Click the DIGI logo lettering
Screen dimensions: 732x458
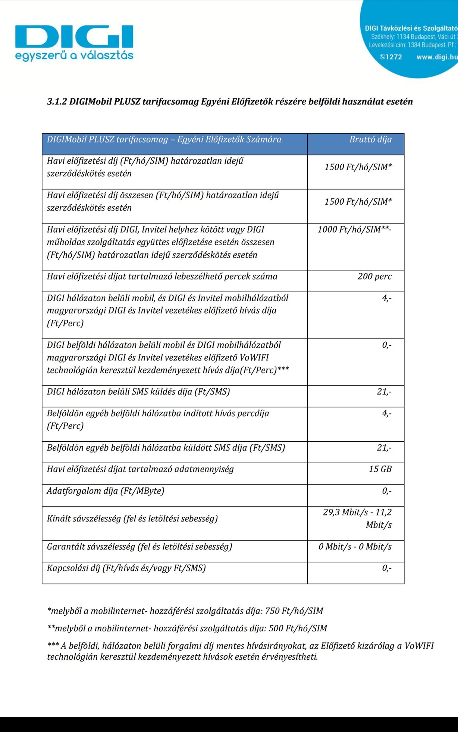pyautogui.click(x=74, y=37)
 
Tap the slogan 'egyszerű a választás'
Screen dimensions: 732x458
pyautogui.click(x=74, y=56)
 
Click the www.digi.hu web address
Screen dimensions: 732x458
pyautogui.click(x=437, y=57)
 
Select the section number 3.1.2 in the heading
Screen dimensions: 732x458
pyautogui.click(x=57, y=102)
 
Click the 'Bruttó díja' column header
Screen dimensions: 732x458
pyautogui.click(x=370, y=139)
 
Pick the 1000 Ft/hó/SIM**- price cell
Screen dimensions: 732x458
pyautogui.click(x=354, y=230)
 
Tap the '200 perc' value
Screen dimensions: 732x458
pyautogui.click(x=374, y=277)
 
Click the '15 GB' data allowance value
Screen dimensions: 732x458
pyautogui.click(x=380, y=469)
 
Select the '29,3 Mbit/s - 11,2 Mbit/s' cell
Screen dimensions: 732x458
pyautogui.click(x=357, y=518)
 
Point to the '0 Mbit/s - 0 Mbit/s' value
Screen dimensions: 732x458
pyautogui.click(x=355, y=547)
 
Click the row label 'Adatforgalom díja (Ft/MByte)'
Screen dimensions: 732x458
pyautogui.click(x=106, y=491)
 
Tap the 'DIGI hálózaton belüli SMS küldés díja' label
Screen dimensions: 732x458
pyautogui.click(x=138, y=392)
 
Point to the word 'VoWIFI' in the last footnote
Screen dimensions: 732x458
pyautogui.click(x=419, y=646)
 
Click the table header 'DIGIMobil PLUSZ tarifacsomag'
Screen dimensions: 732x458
pyautogui.click(x=164, y=139)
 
